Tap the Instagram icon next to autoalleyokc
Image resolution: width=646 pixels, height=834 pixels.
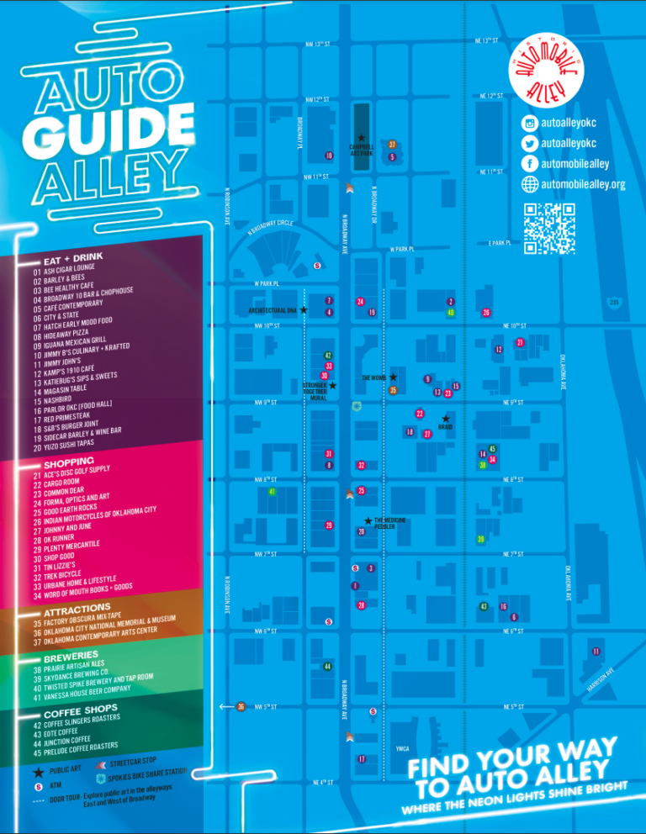pos(530,124)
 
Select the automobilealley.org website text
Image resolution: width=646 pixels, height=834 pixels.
pos(583,184)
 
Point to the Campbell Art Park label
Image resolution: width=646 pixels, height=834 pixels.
pos(361,150)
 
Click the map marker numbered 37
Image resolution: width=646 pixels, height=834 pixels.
pos(392,145)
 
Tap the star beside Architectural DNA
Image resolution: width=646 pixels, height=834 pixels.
pos(303,310)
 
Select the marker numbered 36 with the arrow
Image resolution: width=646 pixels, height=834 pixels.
pos(241,706)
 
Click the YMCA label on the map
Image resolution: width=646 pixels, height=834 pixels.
pos(403,747)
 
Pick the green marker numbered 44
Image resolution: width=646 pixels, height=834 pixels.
pos(326,667)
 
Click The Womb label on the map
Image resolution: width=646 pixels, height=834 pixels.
pos(373,378)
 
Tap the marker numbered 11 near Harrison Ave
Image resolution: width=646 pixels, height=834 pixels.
pos(596,652)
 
